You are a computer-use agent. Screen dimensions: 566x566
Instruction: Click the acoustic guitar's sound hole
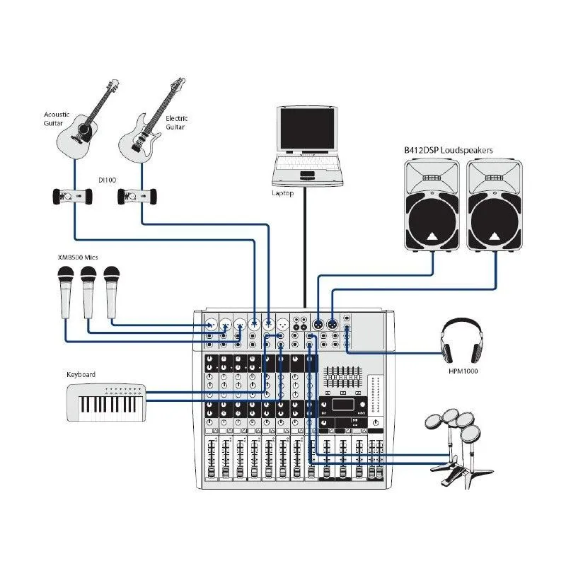84,131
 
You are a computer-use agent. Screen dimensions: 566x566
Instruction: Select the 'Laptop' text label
283,192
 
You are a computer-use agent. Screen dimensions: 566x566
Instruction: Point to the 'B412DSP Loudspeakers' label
449,150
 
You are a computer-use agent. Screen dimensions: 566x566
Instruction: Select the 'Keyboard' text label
81,374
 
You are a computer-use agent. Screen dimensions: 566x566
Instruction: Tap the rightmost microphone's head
112,276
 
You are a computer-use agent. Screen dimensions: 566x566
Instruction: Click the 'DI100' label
107,180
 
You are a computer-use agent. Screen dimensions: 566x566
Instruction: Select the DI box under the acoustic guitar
73,195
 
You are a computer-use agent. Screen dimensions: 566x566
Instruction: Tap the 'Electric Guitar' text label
175,122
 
